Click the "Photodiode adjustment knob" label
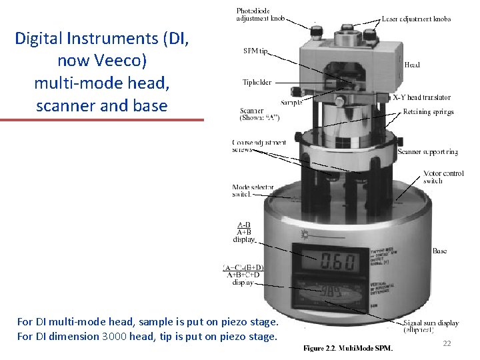click(x=261, y=14)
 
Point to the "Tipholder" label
click(x=257, y=83)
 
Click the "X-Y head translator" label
click(x=421, y=98)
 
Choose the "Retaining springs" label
click(x=428, y=112)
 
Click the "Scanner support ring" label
click(x=427, y=152)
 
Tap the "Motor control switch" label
click(x=443, y=177)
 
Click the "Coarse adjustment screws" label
click(x=259, y=146)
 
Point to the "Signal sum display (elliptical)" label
click(x=431, y=327)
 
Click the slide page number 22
click(x=447, y=343)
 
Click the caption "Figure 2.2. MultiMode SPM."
click(x=348, y=348)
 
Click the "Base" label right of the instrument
click(x=439, y=251)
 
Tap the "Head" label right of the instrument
click(x=412, y=65)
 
